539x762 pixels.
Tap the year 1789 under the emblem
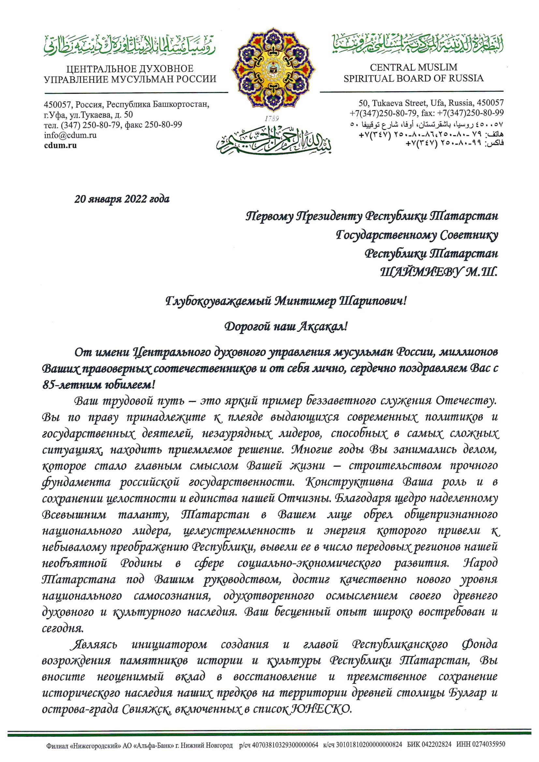[272, 119]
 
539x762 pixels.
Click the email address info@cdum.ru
[70, 135]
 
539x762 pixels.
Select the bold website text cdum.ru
[60, 145]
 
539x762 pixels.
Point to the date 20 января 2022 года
[122, 199]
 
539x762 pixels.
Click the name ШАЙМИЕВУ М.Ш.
[438, 273]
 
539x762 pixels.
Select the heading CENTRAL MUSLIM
[413, 67]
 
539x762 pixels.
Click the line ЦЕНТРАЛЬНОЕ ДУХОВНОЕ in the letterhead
[130, 69]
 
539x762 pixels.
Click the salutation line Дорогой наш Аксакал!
[286, 327]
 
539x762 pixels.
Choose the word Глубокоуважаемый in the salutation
[219, 301]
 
